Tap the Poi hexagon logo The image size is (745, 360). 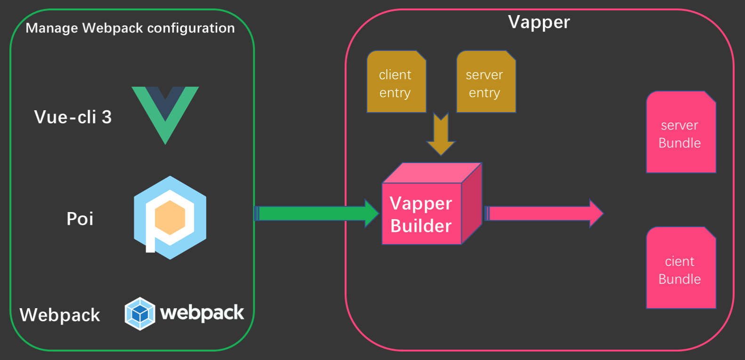click(170, 218)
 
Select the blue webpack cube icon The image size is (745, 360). click(140, 313)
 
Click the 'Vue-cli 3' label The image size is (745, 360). click(73, 117)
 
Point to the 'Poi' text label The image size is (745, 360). click(80, 219)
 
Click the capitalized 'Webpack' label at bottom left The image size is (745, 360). click(60, 315)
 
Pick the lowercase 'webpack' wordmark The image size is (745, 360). click(202, 313)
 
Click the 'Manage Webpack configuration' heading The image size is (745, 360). click(130, 28)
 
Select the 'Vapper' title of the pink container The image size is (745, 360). click(539, 22)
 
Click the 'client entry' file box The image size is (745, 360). click(396, 82)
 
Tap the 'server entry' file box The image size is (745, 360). click(486, 82)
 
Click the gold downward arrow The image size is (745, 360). click(441, 134)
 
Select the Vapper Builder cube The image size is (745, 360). click(426, 207)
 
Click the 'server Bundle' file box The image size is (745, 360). click(680, 133)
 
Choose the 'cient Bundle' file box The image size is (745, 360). click(680, 269)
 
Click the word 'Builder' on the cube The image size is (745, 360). click(421, 226)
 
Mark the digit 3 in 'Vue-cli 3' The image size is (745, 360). click(107, 117)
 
